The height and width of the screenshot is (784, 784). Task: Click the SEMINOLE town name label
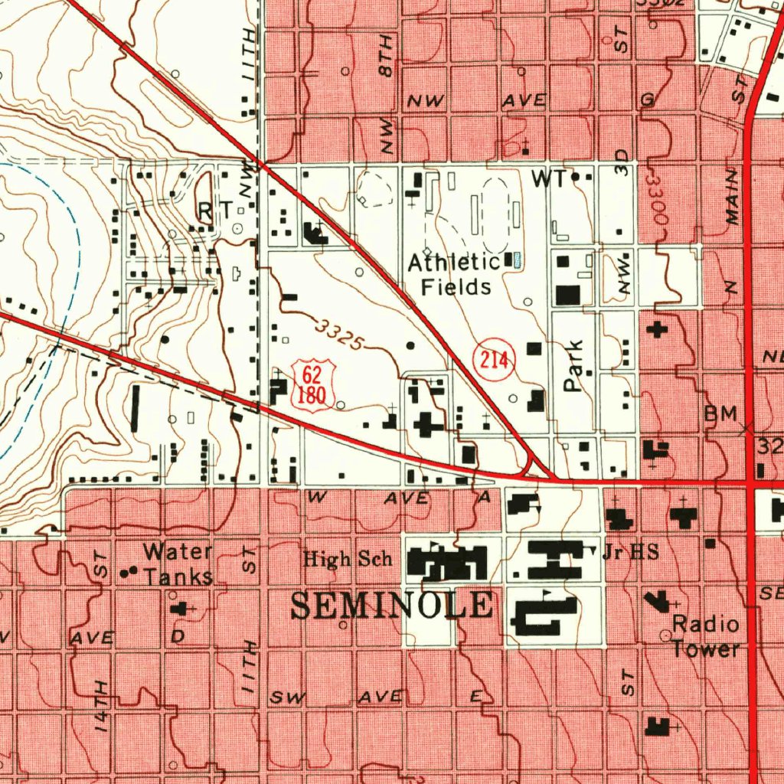coord(392,606)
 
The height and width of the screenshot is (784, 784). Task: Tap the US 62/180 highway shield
coord(311,385)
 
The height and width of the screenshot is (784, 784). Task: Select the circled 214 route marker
coord(494,360)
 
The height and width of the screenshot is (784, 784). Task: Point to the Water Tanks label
coord(178,563)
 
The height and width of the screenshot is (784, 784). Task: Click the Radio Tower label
coord(706,637)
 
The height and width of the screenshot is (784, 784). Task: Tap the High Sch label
coord(348,560)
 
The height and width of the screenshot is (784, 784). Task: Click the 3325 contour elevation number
coord(338,335)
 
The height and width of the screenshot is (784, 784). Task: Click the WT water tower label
coord(550,179)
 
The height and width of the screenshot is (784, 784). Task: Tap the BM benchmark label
coord(720,414)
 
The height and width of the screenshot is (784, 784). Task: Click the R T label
coord(214,210)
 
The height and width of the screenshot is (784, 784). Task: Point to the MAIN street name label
coord(733,198)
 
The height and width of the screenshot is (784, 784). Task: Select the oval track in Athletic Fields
coord(496,206)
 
